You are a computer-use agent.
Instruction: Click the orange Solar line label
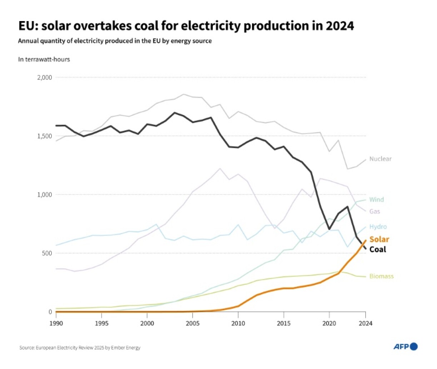click(379, 239)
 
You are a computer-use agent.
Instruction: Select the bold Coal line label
click(377, 249)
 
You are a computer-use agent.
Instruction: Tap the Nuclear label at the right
click(380, 159)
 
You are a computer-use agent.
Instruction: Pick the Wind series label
click(376, 200)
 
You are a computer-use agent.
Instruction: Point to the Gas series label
click(375, 211)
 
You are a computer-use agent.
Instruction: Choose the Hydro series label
click(378, 227)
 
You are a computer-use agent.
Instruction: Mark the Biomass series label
click(381, 276)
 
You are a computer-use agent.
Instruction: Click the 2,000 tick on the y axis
click(45, 78)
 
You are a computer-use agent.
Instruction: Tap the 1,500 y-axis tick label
click(45, 136)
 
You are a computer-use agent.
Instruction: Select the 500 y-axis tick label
click(47, 253)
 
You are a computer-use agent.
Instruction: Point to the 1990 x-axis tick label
click(56, 323)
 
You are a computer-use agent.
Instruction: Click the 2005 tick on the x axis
click(192, 323)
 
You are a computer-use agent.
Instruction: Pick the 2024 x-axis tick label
click(365, 323)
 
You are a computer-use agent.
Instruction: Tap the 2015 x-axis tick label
click(283, 323)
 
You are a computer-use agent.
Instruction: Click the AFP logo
click(405, 346)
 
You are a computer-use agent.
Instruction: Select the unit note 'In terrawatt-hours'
click(44, 59)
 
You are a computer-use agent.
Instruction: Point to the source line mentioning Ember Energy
click(80, 348)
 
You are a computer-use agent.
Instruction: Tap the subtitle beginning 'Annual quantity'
click(115, 41)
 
